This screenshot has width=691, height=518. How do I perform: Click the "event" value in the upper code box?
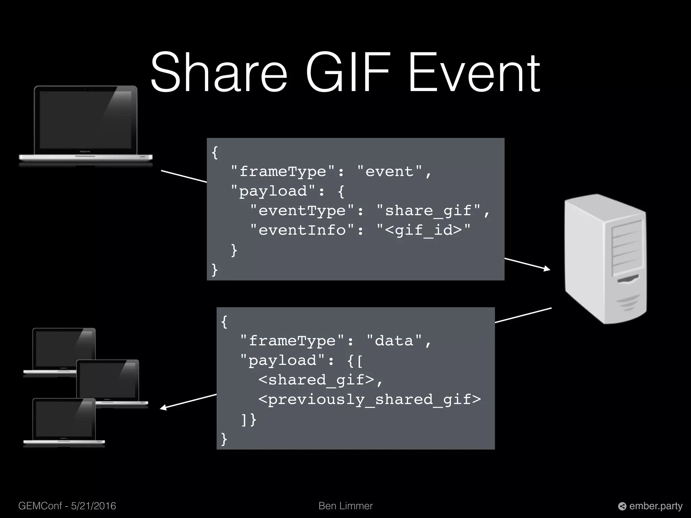(x=394, y=172)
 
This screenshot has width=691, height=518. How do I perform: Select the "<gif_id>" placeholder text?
(x=423, y=230)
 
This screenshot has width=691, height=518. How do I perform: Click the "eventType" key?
(x=302, y=211)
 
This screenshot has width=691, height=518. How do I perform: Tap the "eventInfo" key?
(x=302, y=230)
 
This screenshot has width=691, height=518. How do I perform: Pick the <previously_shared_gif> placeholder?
(x=369, y=400)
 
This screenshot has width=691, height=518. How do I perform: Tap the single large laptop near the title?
(x=86, y=125)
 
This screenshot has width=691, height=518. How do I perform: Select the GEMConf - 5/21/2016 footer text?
(x=67, y=506)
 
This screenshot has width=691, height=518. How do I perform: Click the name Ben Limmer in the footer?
(x=345, y=506)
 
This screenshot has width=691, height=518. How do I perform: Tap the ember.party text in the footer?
(x=656, y=506)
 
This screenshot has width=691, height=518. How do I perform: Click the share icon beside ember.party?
(x=622, y=506)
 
